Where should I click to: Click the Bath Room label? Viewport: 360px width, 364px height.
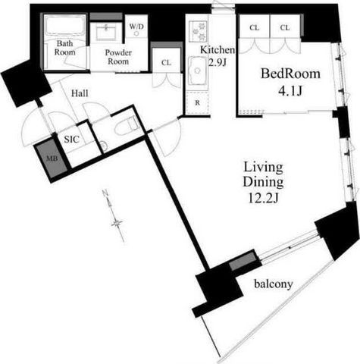(x=65, y=48)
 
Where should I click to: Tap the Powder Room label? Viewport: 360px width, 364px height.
(x=118, y=57)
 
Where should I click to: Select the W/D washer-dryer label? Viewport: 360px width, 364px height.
(x=136, y=27)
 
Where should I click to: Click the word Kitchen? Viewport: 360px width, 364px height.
(x=218, y=50)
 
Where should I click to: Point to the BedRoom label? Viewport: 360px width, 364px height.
(x=290, y=74)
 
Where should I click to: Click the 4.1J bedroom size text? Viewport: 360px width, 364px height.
(x=290, y=91)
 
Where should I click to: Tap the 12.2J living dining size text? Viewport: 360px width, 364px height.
(x=263, y=199)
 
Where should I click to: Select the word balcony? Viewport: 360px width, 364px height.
(x=274, y=284)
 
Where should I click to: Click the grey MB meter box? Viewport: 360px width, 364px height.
(x=52, y=159)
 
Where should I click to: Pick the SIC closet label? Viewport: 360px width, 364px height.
(x=71, y=139)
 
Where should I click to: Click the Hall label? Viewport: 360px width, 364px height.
(x=80, y=93)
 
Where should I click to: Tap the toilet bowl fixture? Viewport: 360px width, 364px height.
(x=127, y=127)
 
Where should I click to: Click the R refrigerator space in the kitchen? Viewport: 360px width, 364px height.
(x=197, y=103)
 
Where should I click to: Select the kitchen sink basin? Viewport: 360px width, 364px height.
(x=198, y=71)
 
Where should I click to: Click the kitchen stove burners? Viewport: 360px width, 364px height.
(x=199, y=31)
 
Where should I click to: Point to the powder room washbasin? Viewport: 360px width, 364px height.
(x=106, y=32)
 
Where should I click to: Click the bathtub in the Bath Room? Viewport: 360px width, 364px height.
(x=65, y=26)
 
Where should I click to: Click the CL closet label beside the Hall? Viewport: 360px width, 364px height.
(x=166, y=62)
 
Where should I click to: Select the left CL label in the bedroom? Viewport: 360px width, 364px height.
(x=254, y=27)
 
